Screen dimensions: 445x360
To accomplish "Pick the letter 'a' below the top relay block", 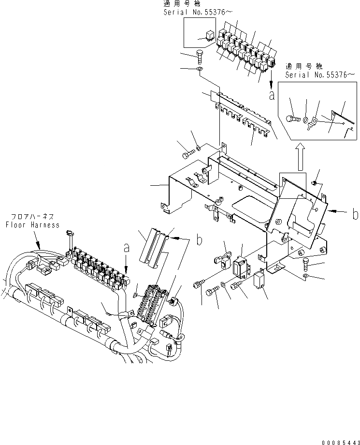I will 272,95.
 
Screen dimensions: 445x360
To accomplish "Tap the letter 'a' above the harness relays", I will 127,248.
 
